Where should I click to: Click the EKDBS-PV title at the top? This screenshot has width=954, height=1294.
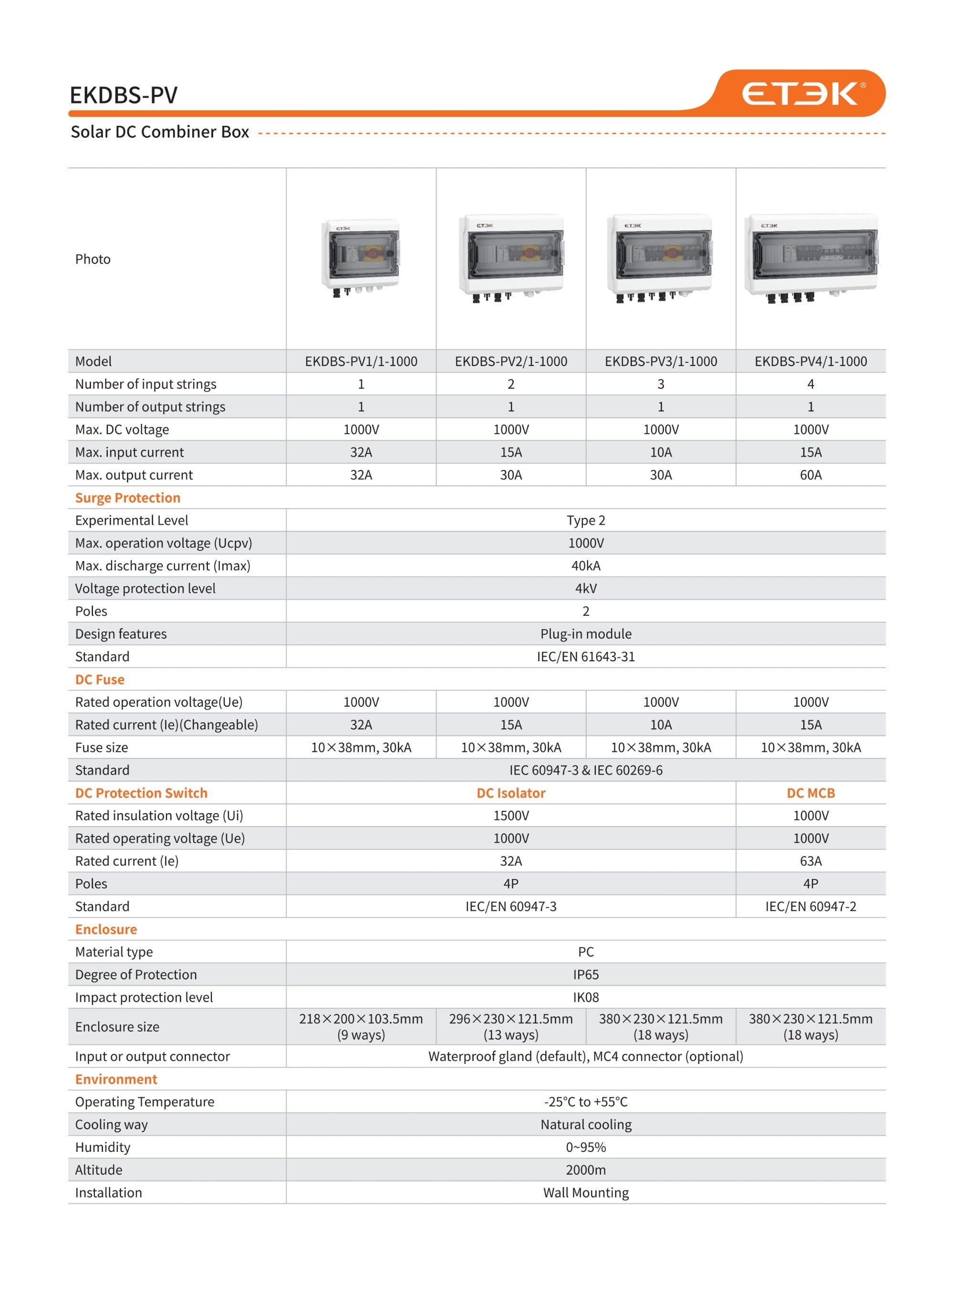[x=124, y=95]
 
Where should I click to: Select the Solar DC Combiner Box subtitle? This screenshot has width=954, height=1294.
[x=160, y=132]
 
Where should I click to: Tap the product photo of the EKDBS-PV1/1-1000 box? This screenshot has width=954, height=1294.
[x=360, y=257]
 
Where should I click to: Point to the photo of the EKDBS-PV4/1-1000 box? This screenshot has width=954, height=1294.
[x=810, y=258]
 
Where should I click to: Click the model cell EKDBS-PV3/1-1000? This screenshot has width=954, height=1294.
[x=661, y=362]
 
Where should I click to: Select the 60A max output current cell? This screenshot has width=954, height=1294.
[x=810, y=475]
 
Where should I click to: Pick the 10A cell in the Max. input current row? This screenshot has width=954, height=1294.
[x=661, y=453]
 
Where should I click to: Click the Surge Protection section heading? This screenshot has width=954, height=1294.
[x=128, y=498]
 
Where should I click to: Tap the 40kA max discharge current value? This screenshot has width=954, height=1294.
[x=586, y=566]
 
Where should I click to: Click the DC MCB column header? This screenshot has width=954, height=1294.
[x=810, y=793]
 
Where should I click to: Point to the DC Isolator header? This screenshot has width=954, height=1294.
[x=510, y=793]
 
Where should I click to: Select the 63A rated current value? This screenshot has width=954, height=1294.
[x=810, y=861]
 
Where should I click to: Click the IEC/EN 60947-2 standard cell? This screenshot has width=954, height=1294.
[x=810, y=907]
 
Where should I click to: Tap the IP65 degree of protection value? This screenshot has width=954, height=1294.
[x=586, y=975]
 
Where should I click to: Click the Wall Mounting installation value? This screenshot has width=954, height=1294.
[x=586, y=1193]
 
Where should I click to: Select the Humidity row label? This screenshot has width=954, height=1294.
[x=103, y=1148]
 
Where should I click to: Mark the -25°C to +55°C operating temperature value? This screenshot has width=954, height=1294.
[x=586, y=1102]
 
